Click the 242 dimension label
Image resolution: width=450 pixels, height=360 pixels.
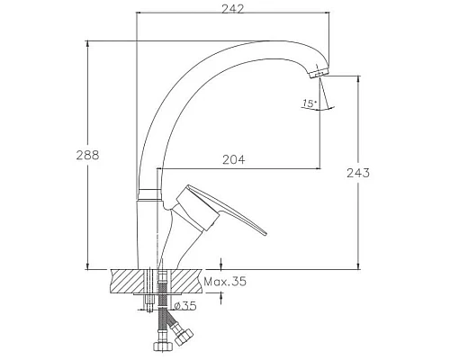click(233, 9)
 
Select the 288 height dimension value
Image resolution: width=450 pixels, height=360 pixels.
click(87, 155)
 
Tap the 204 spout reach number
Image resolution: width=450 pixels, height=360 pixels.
click(233, 159)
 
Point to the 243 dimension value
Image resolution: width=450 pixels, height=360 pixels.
click(358, 173)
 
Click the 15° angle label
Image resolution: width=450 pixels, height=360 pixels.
click(310, 103)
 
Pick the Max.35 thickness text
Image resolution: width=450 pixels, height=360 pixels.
click(225, 282)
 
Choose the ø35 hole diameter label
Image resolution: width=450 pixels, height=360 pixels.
click(185, 306)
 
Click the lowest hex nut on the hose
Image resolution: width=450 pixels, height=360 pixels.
click(162, 346)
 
